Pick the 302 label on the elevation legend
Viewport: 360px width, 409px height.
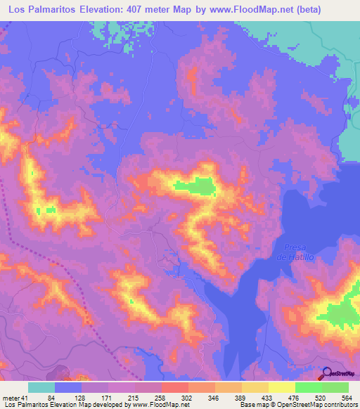point(187,398)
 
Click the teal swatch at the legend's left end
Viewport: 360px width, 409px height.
point(41,387)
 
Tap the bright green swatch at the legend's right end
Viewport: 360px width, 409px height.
point(335,387)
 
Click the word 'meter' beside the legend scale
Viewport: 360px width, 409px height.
point(11,398)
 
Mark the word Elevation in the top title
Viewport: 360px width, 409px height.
point(106,11)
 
